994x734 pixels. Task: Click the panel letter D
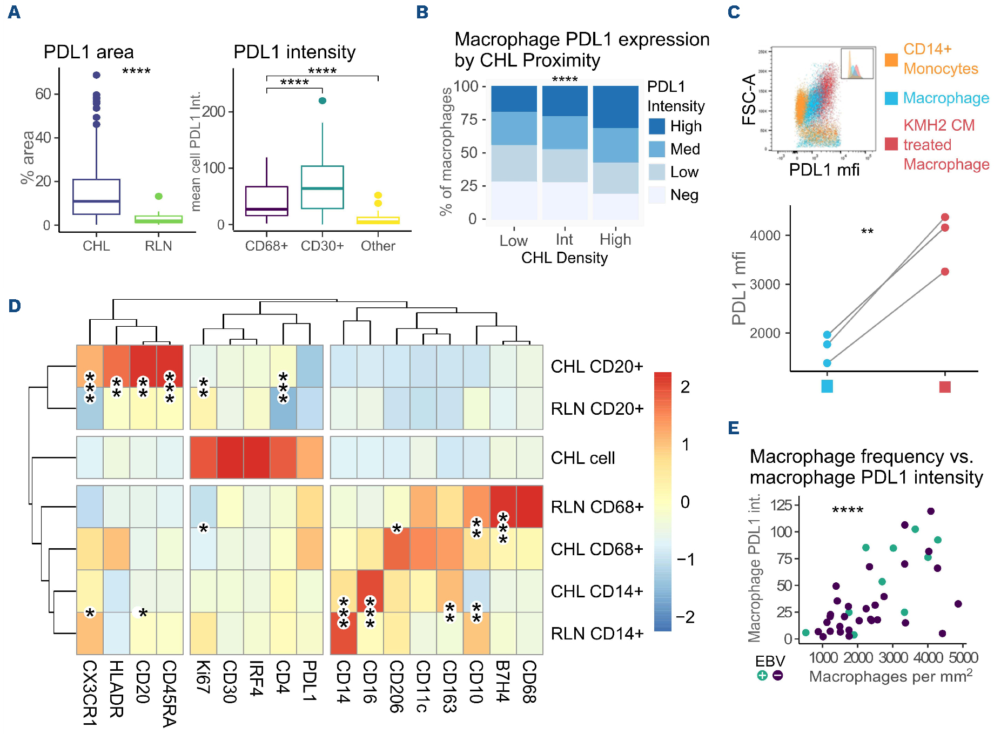(15, 306)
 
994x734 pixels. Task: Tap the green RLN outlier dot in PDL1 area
(158, 196)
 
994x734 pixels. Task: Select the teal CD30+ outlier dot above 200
(323, 100)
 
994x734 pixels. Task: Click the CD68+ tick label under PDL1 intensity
(266, 246)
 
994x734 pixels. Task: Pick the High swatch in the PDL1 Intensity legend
(657, 126)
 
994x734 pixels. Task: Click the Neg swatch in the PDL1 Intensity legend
(657, 195)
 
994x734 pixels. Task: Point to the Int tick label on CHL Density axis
(565, 239)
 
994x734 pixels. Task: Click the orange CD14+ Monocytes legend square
(891, 59)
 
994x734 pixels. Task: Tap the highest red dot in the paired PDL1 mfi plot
(945, 217)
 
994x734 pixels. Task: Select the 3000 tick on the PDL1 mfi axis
(765, 285)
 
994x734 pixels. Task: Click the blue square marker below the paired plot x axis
(827, 386)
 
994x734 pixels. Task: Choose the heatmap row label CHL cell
(583, 458)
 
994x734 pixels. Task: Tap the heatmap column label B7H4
(503, 681)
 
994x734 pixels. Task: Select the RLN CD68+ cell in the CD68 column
(529, 507)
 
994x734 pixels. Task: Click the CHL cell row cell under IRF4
(257, 457)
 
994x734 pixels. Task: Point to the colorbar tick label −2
(685, 617)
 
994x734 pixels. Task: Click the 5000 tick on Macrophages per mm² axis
(963, 657)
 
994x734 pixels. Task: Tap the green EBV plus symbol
(762, 675)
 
